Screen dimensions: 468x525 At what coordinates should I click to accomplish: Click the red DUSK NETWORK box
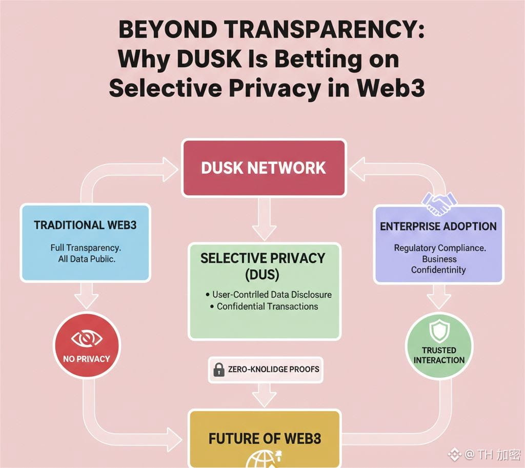coord(264,168)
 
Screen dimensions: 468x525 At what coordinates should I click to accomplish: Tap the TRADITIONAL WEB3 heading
coord(85,225)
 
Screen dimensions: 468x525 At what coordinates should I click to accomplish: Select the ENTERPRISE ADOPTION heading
coord(438,226)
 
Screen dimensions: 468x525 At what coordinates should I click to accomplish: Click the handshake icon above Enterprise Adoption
coord(439,204)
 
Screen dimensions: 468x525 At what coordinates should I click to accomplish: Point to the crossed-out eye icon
coord(87,338)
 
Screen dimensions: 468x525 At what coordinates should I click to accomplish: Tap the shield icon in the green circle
coord(439,331)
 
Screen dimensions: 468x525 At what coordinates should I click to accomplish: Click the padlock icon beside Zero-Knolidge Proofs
coord(219,369)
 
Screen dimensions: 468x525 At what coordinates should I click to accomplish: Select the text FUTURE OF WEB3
coord(265,438)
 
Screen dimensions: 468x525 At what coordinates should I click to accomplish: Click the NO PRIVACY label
coord(87,359)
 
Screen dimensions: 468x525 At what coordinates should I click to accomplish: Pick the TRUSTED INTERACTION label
coord(439,355)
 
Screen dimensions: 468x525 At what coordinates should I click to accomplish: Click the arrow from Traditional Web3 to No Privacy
coord(86,296)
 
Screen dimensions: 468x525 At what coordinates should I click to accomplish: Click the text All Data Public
coord(86,259)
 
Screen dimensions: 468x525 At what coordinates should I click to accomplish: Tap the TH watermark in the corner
coord(484,454)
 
